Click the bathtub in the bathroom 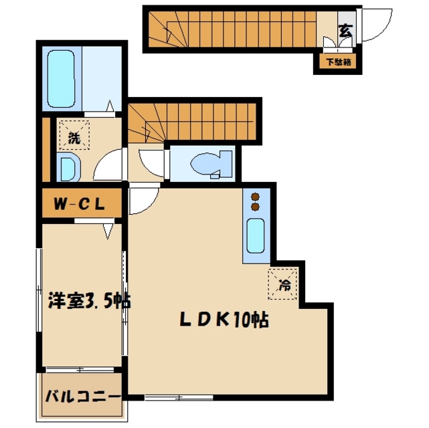[x=61, y=79]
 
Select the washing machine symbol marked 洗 [x=74, y=135]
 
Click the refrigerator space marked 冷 [x=282, y=284]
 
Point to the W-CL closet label [x=80, y=203]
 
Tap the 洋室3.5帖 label [x=89, y=300]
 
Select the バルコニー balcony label [x=82, y=397]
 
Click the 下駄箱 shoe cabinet [x=338, y=62]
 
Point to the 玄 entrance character [x=346, y=31]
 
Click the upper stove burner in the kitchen [x=256, y=197]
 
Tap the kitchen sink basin [x=256, y=236]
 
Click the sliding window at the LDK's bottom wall [x=179, y=397]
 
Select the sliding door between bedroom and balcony [x=80, y=370]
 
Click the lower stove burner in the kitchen [x=256, y=207]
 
